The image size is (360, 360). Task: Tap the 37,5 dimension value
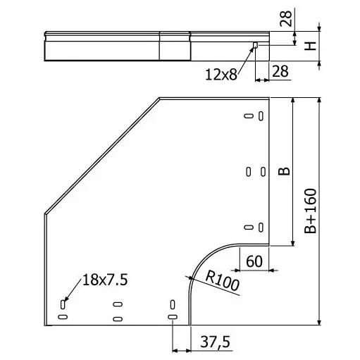(215, 342)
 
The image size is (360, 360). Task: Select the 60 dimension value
(254, 261)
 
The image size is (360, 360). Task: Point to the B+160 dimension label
(310, 211)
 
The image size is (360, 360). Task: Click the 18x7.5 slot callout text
(105, 280)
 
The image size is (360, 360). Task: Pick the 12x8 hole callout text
(221, 75)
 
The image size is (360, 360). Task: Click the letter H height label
(311, 46)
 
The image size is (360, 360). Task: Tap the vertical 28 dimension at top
(286, 18)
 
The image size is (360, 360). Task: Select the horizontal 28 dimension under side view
(280, 71)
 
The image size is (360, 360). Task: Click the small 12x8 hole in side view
(256, 45)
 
